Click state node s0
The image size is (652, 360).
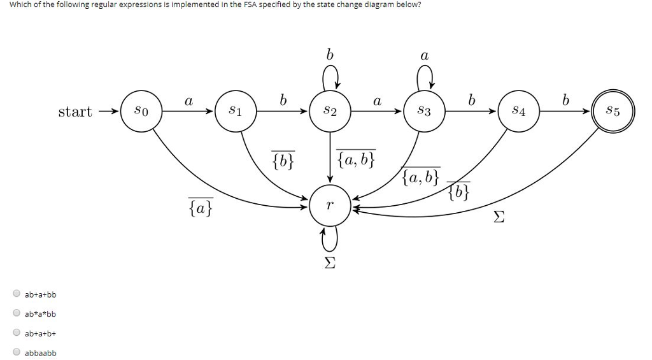141,112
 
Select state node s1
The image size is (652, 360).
235,112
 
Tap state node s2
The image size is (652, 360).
330,112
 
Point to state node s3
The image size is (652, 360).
424,112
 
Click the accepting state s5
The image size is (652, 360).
613,112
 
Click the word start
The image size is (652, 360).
75,112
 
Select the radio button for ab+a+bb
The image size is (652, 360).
17,294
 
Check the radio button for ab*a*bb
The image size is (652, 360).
17,313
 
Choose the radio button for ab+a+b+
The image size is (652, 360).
17,333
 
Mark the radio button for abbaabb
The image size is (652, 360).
17,352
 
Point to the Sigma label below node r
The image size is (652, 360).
330,263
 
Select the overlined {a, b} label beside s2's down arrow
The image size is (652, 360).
357,159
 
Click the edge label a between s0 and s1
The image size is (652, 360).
188,101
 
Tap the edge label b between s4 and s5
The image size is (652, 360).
565,100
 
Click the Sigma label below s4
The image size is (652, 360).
500,219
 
